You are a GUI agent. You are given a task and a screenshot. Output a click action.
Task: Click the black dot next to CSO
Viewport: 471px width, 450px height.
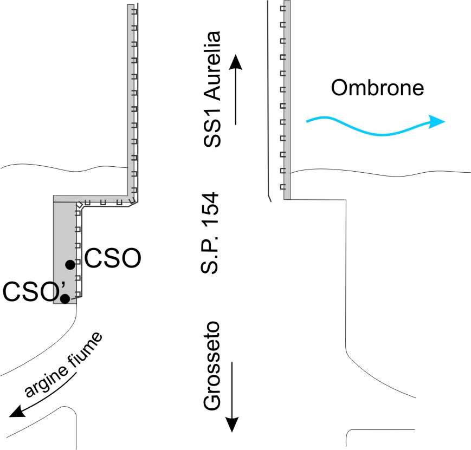(x=70, y=265)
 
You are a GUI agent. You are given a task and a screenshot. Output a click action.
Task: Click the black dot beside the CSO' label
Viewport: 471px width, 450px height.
(x=65, y=299)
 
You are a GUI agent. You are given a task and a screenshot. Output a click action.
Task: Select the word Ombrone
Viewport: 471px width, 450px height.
(x=377, y=88)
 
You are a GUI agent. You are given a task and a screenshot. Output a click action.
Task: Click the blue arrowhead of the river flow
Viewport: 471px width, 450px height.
(x=436, y=121)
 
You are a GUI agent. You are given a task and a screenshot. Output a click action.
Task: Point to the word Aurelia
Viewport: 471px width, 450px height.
(x=212, y=66)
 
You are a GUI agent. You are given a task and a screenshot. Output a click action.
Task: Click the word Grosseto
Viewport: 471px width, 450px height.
(x=212, y=366)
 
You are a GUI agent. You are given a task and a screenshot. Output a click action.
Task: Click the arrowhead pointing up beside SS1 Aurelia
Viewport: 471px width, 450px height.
(x=236, y=62)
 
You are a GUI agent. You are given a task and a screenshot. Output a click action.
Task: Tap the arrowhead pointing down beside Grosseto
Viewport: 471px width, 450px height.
(x=232, y=425)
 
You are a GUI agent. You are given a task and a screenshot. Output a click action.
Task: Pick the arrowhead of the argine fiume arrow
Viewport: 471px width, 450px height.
(x=16, y=411)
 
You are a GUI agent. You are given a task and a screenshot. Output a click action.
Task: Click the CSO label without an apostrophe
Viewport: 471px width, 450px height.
(x=113, y=258)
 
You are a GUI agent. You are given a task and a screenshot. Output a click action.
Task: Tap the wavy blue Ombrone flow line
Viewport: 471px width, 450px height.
(x=376, y=126)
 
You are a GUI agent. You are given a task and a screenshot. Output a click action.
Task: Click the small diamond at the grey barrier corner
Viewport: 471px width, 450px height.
(x=79, y=205)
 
